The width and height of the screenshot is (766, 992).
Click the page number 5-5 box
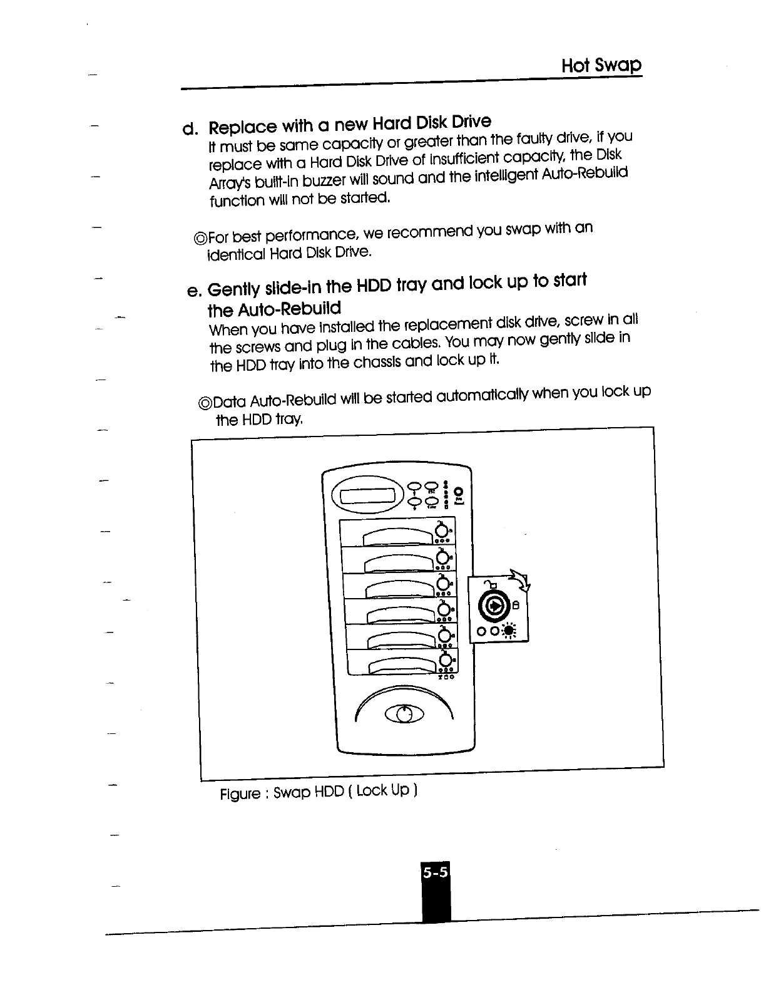[x=436, y=872]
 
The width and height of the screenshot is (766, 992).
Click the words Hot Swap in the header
[x=601, y=65]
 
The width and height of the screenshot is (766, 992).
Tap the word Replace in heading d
[x=242, y=127]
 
